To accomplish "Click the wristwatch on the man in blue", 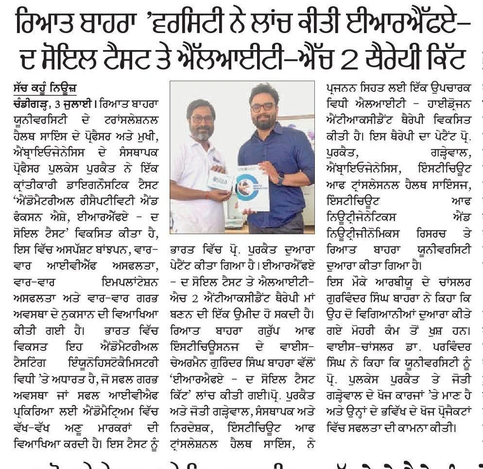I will (x=280, y=178).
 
